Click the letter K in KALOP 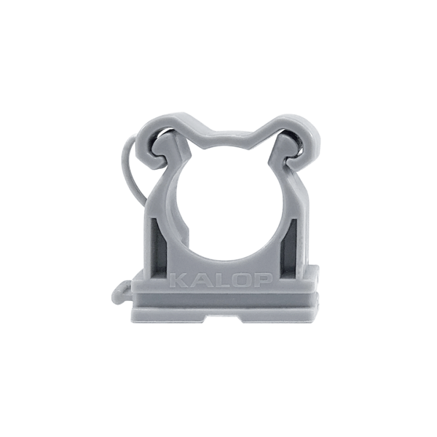(x=178, y=280)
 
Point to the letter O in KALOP (x=237, y=280)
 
